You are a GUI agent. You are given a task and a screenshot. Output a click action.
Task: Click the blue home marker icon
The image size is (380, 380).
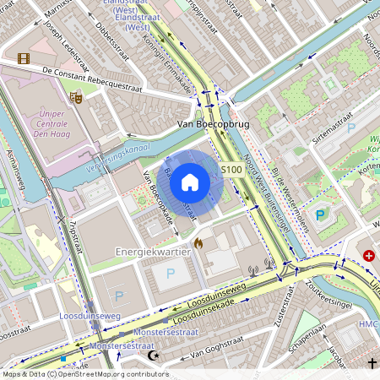190,182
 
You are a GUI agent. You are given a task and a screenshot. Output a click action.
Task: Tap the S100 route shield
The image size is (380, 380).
232,170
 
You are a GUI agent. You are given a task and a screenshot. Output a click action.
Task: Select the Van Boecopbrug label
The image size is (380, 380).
212,124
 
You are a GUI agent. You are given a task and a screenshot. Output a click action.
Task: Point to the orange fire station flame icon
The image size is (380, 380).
198,243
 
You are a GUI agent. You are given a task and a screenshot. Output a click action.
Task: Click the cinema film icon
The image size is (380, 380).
23,58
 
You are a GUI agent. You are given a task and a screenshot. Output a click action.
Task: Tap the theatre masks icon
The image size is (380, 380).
76,97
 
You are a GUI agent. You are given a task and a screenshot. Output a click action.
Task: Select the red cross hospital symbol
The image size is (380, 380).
369,255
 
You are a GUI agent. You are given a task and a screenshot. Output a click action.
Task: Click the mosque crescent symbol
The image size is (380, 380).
153,356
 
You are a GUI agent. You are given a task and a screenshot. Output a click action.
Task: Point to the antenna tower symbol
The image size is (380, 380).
252,273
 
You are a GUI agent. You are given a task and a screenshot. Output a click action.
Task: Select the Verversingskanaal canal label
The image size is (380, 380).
118,159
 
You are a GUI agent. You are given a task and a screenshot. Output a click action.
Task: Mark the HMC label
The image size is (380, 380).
368,325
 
